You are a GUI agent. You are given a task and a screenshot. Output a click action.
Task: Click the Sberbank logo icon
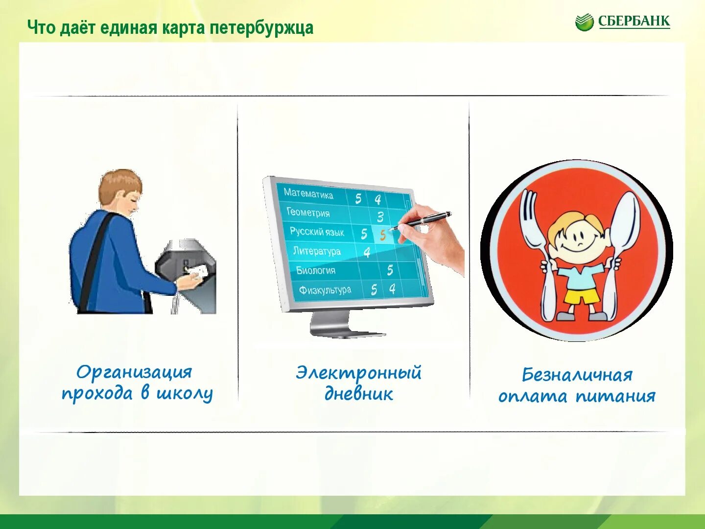[584, 23]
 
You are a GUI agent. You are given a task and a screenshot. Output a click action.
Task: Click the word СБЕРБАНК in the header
[634, 22]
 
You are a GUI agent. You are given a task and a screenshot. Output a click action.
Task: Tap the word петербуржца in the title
[262, 28]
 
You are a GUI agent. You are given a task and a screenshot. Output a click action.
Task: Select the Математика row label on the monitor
[308, 193]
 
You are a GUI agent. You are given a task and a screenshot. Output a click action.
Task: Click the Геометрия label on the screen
[308, 213]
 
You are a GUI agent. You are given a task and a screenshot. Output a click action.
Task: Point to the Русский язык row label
[317, 232]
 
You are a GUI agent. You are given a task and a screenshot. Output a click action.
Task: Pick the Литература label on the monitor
[317, 251]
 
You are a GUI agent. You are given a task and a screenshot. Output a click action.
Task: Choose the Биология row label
[316, 270]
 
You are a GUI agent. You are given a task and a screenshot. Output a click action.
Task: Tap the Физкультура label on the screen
[325, 290]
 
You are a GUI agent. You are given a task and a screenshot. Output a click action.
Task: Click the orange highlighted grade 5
[382, 236]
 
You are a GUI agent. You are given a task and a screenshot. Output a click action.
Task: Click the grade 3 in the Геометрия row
[380, 216]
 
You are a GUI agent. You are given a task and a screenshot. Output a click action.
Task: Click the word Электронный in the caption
[358, 373]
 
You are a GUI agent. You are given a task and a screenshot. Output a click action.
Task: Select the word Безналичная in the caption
[577, 375]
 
